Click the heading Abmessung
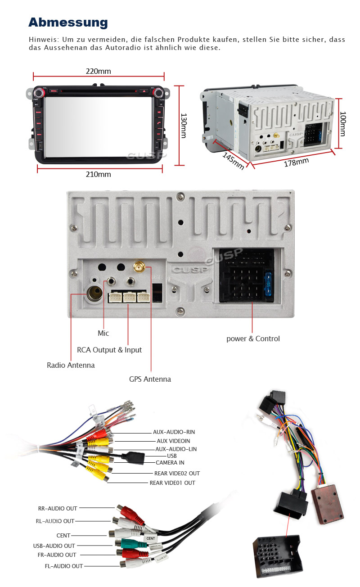point(68,22)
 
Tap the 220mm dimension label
point(98,71)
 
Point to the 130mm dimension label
point(184,126)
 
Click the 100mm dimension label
point(343,124)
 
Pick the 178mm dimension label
point(296,162)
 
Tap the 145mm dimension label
point(234,160)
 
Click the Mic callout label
point(103,333)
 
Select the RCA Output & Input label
point(109,350)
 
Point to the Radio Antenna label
point(71,365)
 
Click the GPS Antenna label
point(150,379)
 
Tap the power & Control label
point(253,339)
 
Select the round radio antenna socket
point(95,295)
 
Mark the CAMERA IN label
point(170,462)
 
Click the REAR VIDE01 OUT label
point(172,483)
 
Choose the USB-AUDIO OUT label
point(54,546)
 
